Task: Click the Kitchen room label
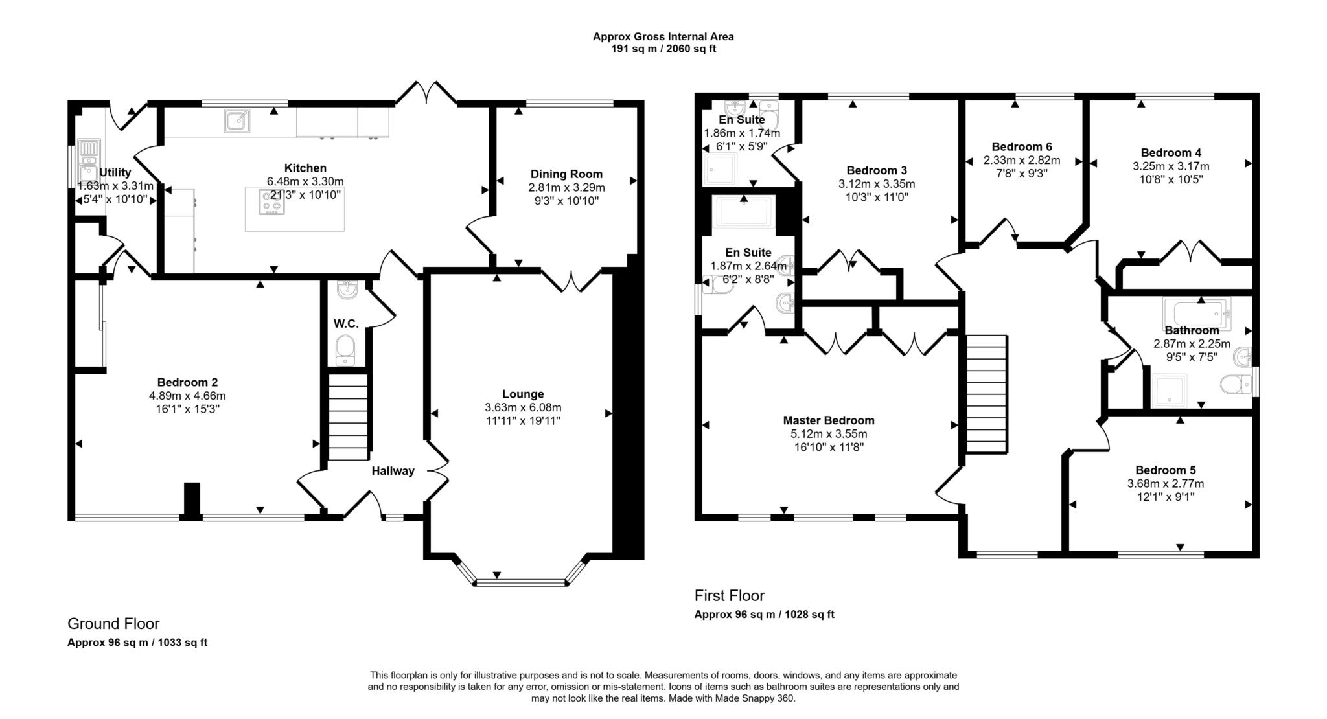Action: click(x=305, y=168)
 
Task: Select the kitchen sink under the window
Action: click(x=237, y=121)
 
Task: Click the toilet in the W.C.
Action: click(x=345, y=350)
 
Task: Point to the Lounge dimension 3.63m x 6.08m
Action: click(x=523, y=407)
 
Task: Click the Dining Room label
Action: click(x=566, y=174)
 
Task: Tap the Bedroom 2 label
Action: click(x=187, y=382)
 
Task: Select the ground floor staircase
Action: click(x=349, y=417)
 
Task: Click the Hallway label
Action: click(x=393, y=471)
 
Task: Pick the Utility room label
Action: click(x=115, y=172)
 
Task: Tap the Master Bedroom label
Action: click(x=829, y=420)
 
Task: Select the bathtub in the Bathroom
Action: click(x=1196, y=314)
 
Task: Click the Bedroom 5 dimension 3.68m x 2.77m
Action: click(x=1166, y=484)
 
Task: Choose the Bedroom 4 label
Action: click(x=1171, y=153)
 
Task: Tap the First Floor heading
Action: click(x=730, y=596)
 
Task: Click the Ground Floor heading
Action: click(x=113, y=624)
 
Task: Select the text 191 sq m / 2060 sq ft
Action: click(x=663, y=49)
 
